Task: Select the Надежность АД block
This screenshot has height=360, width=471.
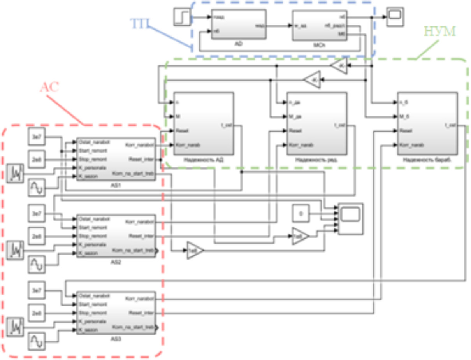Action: click(204, 123)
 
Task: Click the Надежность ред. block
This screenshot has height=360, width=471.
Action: click(316, 123)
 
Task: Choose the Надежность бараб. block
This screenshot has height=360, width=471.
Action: click(427, 123)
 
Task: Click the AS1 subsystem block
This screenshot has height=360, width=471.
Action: click(116, 159)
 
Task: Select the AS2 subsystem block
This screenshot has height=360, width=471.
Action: click(116, 236)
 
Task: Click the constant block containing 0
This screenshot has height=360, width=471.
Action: click(301, 213)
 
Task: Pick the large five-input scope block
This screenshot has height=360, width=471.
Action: click(350, 219)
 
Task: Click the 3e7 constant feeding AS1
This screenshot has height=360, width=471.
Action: click(37, 137)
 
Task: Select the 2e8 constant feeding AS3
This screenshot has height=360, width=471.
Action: click(37, 312)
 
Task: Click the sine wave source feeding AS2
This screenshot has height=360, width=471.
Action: click(37, 265)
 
